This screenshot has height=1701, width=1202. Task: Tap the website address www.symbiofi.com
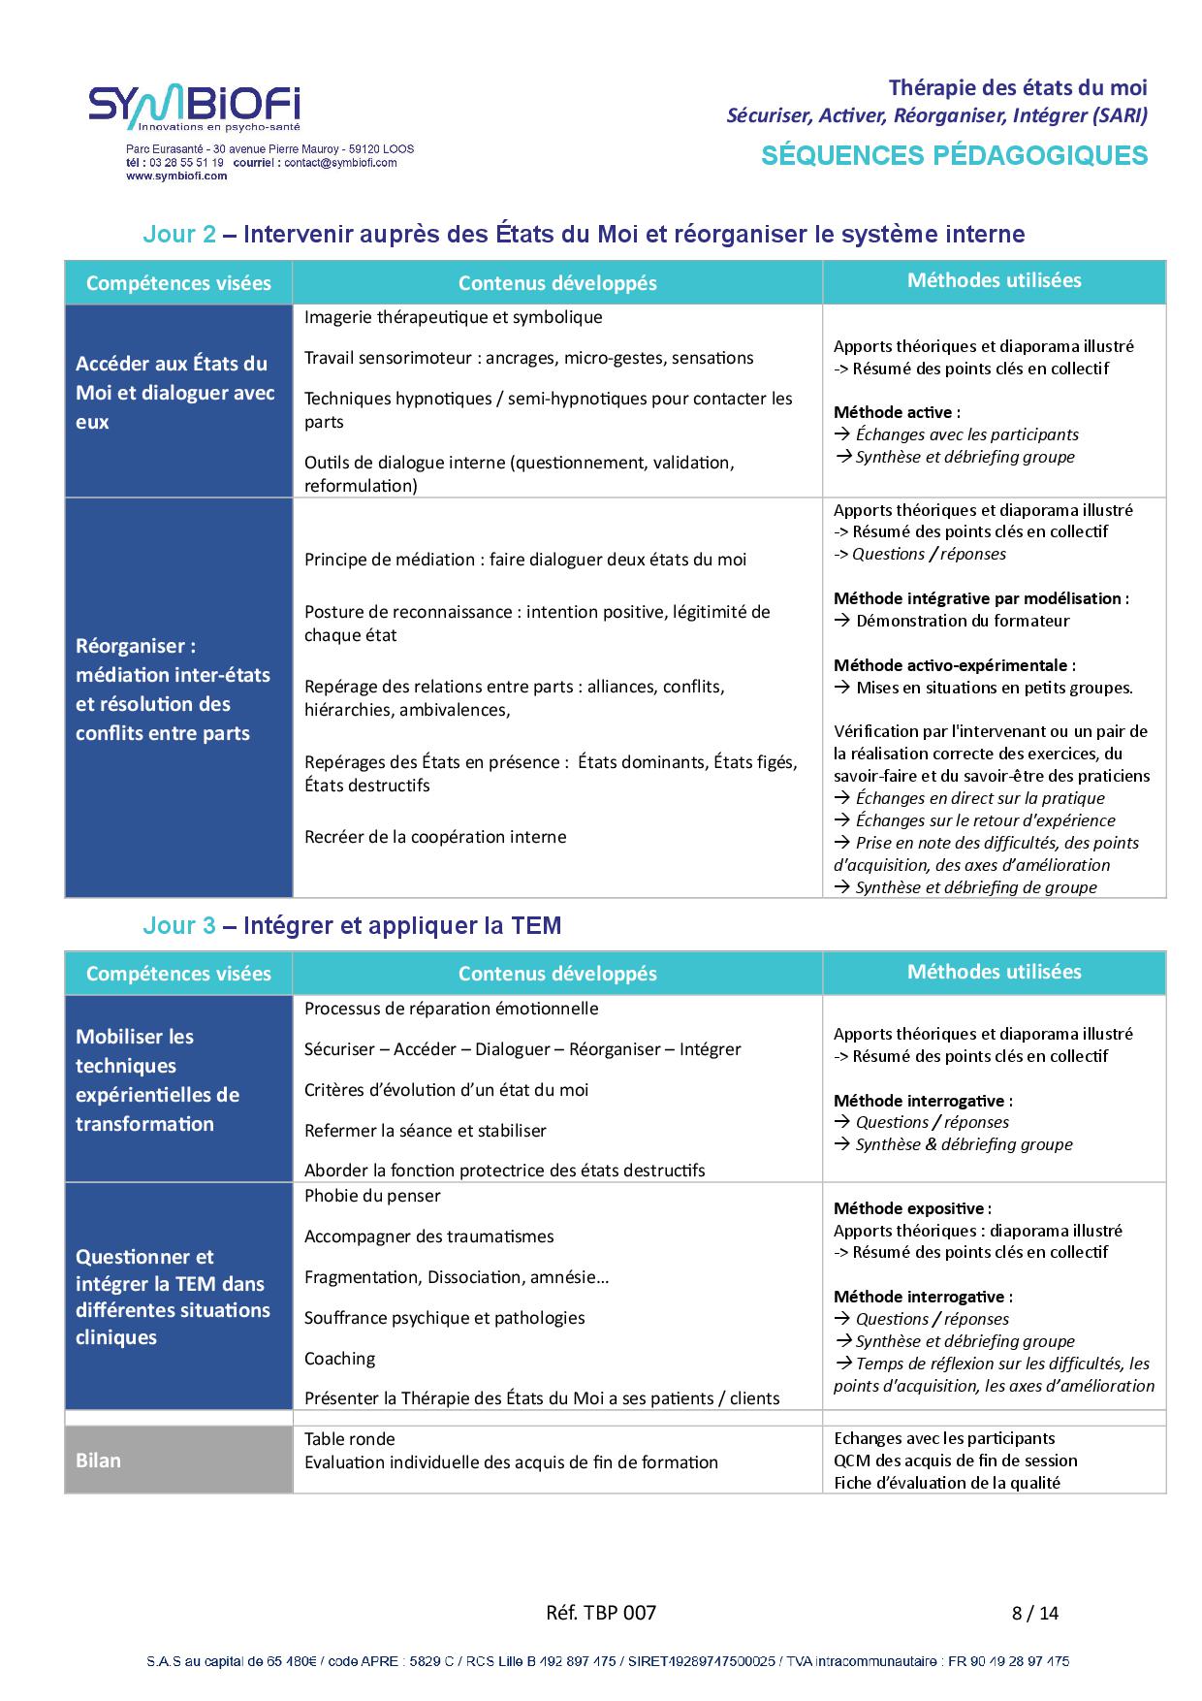(176, 177)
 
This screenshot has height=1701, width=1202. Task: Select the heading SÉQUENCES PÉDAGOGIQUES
(954, 155)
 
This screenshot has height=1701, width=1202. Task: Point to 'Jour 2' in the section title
(179, 234)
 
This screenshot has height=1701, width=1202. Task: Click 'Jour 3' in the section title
(179, 925)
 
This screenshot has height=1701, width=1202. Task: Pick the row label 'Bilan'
(98, 1460)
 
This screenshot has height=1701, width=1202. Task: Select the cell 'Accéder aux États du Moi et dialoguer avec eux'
(175, 393)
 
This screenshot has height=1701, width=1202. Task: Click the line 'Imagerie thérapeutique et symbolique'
(453, 317)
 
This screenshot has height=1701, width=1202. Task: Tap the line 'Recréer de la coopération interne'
(435, 837)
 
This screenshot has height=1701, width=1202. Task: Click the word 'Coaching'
(339, 1359)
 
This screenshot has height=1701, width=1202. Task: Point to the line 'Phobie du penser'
(372, 1196)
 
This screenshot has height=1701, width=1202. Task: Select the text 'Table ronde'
(349, 1439)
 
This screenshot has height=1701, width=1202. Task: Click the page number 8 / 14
(1035, 1613)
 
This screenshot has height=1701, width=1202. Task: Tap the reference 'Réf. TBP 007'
(601, 1613)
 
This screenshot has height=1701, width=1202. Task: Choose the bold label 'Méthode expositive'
(908, 1208)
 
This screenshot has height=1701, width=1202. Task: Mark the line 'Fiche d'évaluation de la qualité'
(946, 1483)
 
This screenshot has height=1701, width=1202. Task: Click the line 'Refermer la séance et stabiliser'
(425, 1131)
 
